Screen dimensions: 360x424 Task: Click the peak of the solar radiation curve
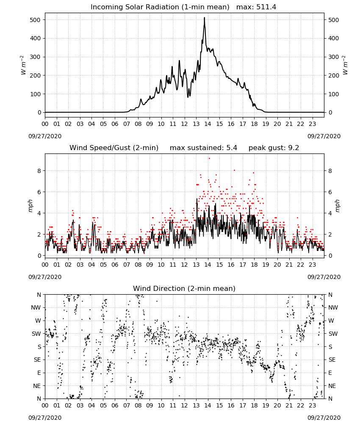click(205, 18)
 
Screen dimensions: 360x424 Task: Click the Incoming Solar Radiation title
click(160, 7)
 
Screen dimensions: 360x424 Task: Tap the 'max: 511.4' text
click(256, 7)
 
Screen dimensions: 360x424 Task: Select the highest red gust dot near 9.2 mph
click(209, 159)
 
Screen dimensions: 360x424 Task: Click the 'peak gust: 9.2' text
click(274, 148)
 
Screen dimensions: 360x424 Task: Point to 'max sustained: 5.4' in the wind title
click(203, 148)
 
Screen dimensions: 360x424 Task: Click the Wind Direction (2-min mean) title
click(184, 288)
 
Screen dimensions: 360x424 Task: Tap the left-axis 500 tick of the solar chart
click(35, 20)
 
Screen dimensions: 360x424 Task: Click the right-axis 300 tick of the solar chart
click(334, 57)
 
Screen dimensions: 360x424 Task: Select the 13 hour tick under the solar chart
click(196, 124)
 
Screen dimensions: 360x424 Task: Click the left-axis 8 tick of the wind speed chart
click(39, 171)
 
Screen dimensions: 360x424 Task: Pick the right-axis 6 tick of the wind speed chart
click(330, 192)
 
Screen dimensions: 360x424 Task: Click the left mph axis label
click(30, 206)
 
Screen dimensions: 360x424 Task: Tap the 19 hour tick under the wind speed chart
click(266, 265)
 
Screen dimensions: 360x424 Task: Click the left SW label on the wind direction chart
click(36, 334)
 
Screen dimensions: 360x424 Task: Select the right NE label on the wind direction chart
click(332, 386)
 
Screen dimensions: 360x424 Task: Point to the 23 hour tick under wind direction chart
click(312, 405)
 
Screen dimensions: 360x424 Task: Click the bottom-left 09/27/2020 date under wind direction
click(45, 418)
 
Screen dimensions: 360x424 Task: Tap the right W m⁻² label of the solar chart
click(346, 65)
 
